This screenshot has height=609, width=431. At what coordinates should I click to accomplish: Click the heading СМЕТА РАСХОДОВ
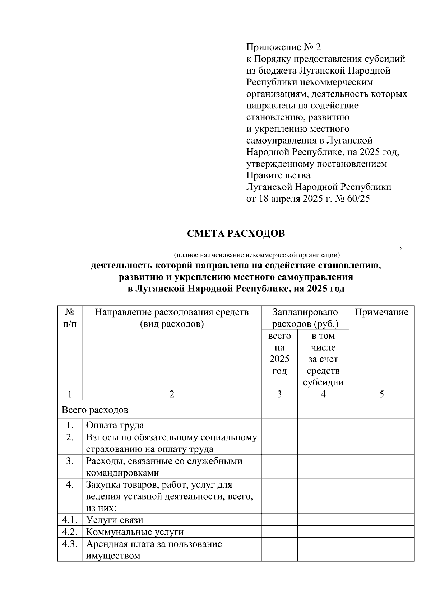click(x=236, y=234)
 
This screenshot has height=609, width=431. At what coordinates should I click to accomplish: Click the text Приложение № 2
click(x=283, y=47)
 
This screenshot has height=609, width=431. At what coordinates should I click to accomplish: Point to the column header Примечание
click(x=381, y=312)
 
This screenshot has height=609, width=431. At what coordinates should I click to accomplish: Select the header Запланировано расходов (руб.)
click(x=305, y=318)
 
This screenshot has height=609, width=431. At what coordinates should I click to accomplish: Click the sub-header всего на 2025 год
click(x=279, y=353)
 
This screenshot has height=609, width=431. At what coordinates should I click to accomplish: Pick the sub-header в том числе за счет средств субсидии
click(x=323, y=359)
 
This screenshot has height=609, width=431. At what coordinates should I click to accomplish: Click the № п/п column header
click(x=70, y=318)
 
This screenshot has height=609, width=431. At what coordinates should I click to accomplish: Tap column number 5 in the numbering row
click(x=381, y=394)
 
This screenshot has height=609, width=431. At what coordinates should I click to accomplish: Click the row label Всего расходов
click(x=95, y=410)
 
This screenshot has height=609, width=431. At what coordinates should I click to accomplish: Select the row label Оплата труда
click(x=115, y=425)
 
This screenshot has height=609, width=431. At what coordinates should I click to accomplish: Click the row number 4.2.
click(x=70, y=531)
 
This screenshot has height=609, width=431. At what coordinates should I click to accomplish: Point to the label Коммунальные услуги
click(x=135, y=532)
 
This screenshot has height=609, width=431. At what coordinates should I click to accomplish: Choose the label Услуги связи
click(x=115, y=520)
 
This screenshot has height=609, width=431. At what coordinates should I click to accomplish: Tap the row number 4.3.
click(x=70, y=544)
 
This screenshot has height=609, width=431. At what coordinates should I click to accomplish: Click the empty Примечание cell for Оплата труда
click(x=381, y=425)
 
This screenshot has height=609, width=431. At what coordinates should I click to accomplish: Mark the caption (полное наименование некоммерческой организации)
click(x=256, y=255)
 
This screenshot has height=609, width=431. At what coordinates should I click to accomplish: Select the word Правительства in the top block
click(x=278, y=175)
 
